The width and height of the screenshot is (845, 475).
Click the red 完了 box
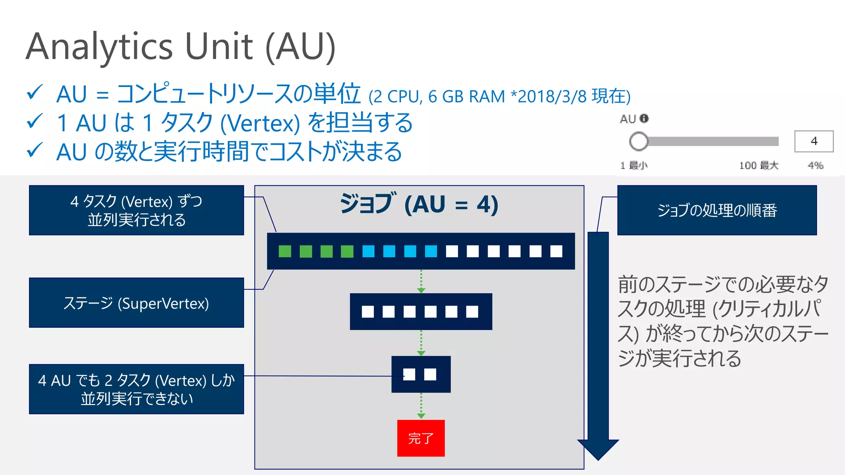point(420,438)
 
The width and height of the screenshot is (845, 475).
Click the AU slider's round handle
point(638,141)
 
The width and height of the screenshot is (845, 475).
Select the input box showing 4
point(814,141)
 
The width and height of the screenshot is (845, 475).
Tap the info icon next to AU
point(644,119)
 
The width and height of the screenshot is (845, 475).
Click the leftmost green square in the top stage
point(285,251)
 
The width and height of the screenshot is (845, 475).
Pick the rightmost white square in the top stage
point(556,251)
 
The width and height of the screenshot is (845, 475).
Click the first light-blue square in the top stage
point(368,251)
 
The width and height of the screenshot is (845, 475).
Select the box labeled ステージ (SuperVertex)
point(136,303)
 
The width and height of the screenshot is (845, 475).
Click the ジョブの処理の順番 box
point(717,210)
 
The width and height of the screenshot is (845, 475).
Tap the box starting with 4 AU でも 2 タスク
point(136,389)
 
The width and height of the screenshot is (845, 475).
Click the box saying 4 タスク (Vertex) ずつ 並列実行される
point(136,210)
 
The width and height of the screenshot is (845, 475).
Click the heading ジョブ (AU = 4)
point(419,204)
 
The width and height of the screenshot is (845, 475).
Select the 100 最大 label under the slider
point(758,165)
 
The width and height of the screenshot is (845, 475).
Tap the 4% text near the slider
point(815,165)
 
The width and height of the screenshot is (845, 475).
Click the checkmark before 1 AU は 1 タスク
point(35,122)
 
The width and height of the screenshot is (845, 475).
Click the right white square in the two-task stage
point(430,374)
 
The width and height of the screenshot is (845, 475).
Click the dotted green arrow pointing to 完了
point(421,406)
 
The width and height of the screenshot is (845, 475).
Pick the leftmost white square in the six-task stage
point(368,312)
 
